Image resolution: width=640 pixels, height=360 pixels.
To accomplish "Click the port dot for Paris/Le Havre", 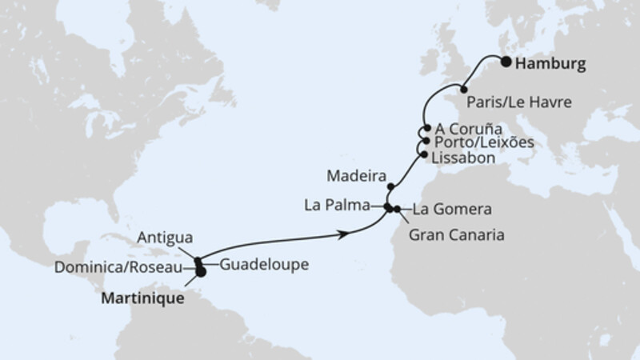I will (x=462, y=89).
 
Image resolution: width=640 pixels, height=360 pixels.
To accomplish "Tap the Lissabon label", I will (x=462, y=158).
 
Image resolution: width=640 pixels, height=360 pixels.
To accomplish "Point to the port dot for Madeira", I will (x=390, y=186).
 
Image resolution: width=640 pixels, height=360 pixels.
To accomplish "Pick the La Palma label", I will (x=335, y=205).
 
